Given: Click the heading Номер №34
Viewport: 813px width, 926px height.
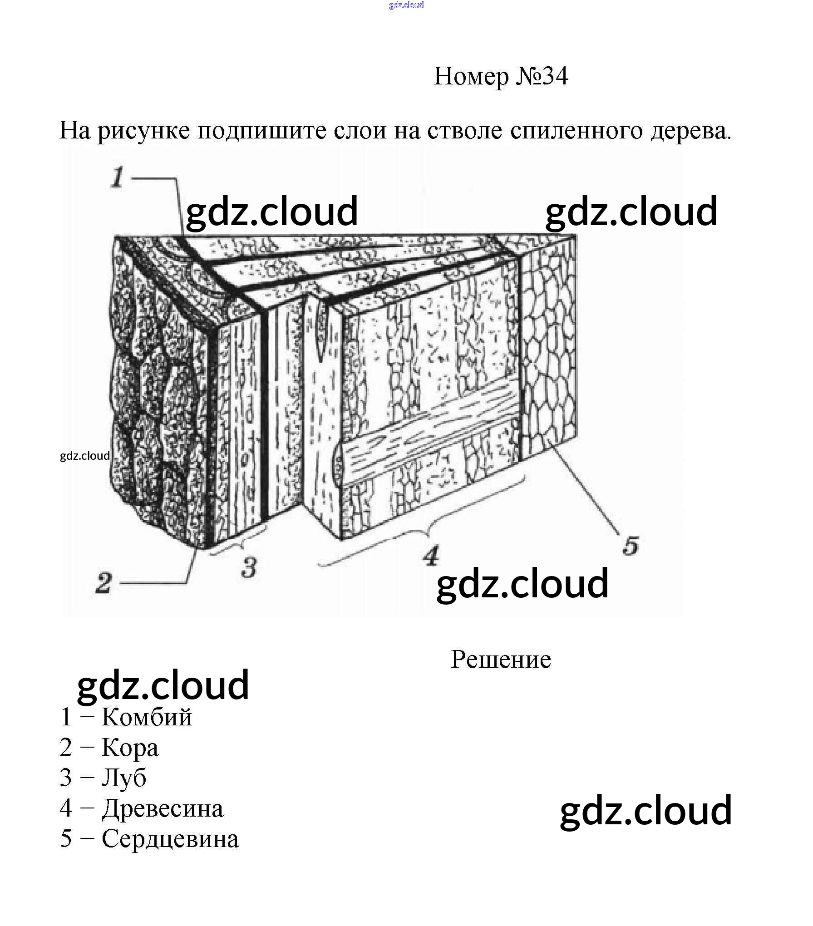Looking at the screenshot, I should tap(500, 76).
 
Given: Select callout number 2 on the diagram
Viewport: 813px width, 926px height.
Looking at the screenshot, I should tap(103, 583).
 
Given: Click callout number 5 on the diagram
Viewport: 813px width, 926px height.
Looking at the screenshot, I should tap(631, 546).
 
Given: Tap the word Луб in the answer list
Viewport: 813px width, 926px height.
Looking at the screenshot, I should tap(123, 778).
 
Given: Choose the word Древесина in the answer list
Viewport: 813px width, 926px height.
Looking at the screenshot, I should tap(163, 808).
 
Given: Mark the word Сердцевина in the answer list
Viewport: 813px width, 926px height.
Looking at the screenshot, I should tap(170, 838).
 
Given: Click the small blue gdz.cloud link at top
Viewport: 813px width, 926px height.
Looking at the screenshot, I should tap(406, 5).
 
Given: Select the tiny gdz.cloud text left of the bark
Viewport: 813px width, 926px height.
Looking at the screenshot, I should tap(85, 456).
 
